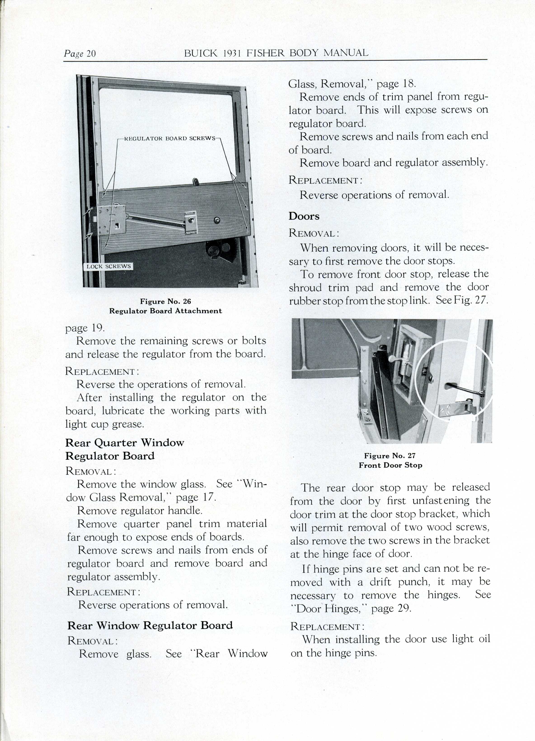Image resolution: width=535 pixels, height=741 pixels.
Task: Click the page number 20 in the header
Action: pyautogui.click(x=91, y=53)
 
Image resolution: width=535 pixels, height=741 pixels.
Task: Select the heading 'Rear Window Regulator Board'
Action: pyautogui.click(x=150, y=625)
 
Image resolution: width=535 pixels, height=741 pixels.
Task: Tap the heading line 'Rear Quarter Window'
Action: pyautogui.click(x=125, y=443)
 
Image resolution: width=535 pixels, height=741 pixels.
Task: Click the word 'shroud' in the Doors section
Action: pyautogui.click(x=305, y=287)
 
